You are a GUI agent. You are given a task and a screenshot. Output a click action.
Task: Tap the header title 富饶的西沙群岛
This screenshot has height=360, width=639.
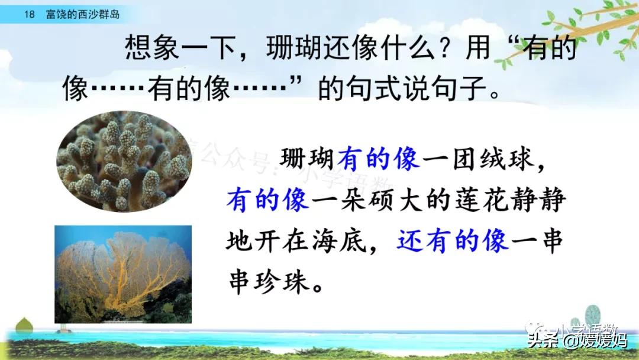[x=82, y=14]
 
